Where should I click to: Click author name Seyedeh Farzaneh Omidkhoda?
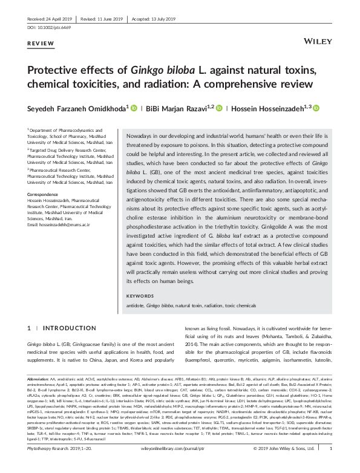pyautogui.click(x=76, y=109)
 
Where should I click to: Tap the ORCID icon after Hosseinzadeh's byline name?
pyautogui.click(x=315, y=109)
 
